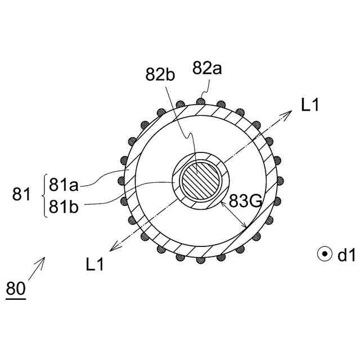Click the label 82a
point(207,68)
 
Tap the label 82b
point(160,74)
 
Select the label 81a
point(64,185)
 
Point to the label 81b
point(64,206)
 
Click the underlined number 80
point(16,289)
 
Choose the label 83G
point(245,201)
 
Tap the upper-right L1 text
point(310,105)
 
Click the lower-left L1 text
point(95,264)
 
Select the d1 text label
point(346,255)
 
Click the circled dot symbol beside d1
point(325,254)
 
